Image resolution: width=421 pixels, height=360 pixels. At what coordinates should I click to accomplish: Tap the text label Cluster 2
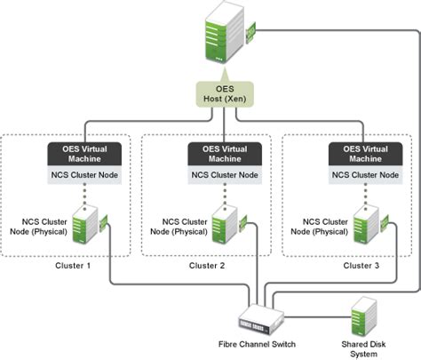[x=208, y=266]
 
